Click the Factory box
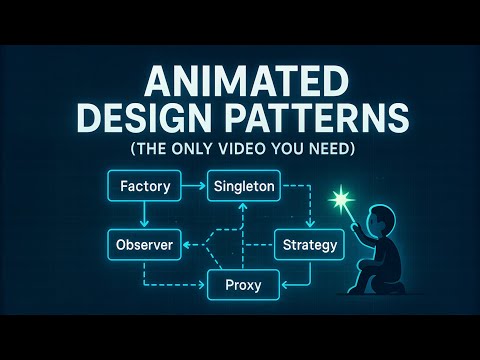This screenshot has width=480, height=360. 144,186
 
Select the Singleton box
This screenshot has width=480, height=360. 242,186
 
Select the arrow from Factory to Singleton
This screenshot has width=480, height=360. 194,186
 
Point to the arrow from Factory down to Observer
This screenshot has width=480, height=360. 145,216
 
